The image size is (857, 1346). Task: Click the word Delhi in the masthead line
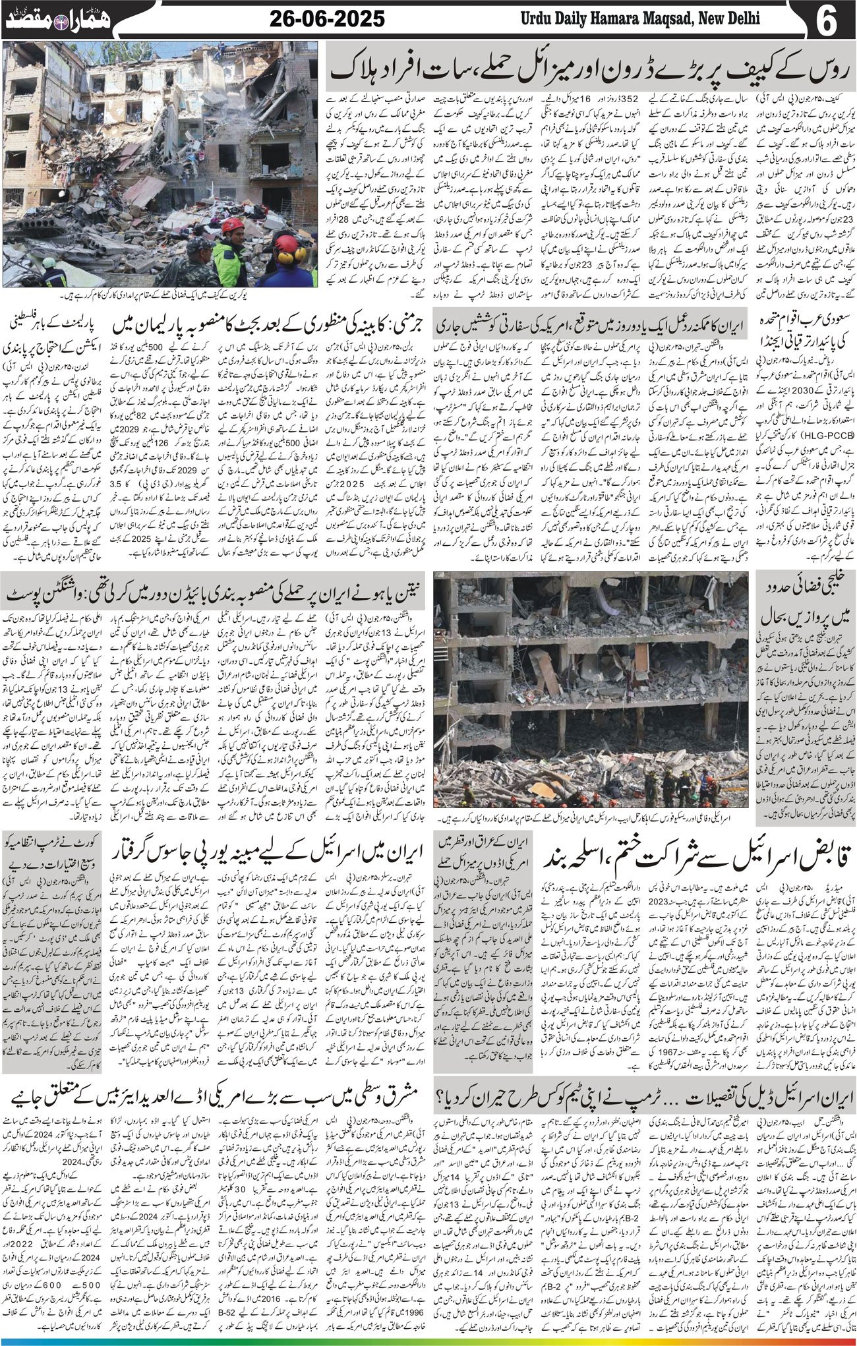coord(736,19)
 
